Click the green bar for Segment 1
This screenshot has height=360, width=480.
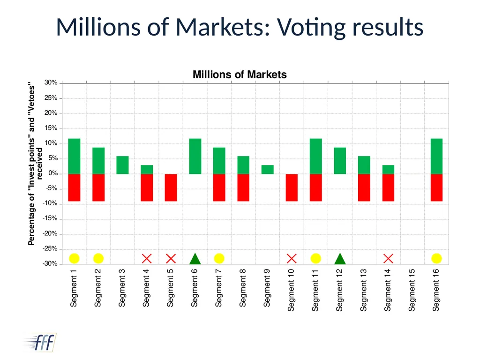pos(74,156)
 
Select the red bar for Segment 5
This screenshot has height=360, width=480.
pos(171,187)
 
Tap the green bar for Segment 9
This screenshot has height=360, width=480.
pos(268,170)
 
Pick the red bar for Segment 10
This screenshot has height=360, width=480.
pos(292,187)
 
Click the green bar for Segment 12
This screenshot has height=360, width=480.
pos(340,161)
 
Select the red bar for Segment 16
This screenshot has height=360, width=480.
pos(436,187)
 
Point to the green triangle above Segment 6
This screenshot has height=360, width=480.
pos(195,259)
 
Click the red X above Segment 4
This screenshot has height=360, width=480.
pos(147,259)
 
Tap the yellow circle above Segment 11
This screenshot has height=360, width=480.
pos(315,258)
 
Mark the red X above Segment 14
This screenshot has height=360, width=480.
pos(388,259)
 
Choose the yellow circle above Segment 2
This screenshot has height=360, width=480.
pos(98,258)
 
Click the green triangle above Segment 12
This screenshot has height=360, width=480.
pos(340,259)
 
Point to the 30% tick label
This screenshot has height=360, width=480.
pos(51,82)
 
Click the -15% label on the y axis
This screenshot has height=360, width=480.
pos(50,218)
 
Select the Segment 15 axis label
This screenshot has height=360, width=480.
pos(412,290)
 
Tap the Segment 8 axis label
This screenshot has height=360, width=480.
pos(243,288)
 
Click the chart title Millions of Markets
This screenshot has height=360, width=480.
pos(240,75)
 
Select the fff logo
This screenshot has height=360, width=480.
pos(40,342)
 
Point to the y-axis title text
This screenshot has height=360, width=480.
pos(35,164)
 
